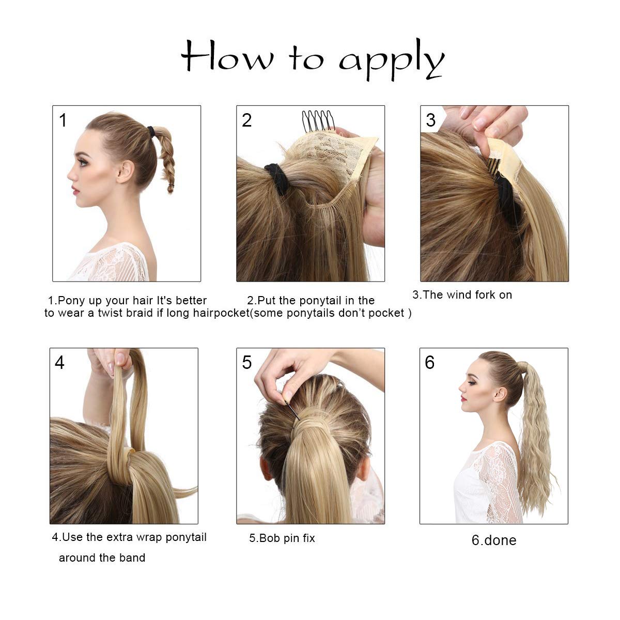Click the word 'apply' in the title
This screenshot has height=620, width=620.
tap(392, 59)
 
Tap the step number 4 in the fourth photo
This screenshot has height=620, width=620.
tap(59, 362)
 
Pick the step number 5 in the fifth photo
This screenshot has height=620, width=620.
tap(247, 362)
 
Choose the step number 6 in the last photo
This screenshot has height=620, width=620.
tap(429, 362)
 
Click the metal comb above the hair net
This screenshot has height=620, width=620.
tap(318, 120)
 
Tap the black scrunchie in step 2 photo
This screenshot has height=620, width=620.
tap(276, 179)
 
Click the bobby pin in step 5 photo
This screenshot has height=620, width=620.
tap(292, 410)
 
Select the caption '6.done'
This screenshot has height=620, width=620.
tap(494, 540)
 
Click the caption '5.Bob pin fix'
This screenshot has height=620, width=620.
tap(282, 538)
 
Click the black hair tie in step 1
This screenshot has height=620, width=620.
tap(151, 131)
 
